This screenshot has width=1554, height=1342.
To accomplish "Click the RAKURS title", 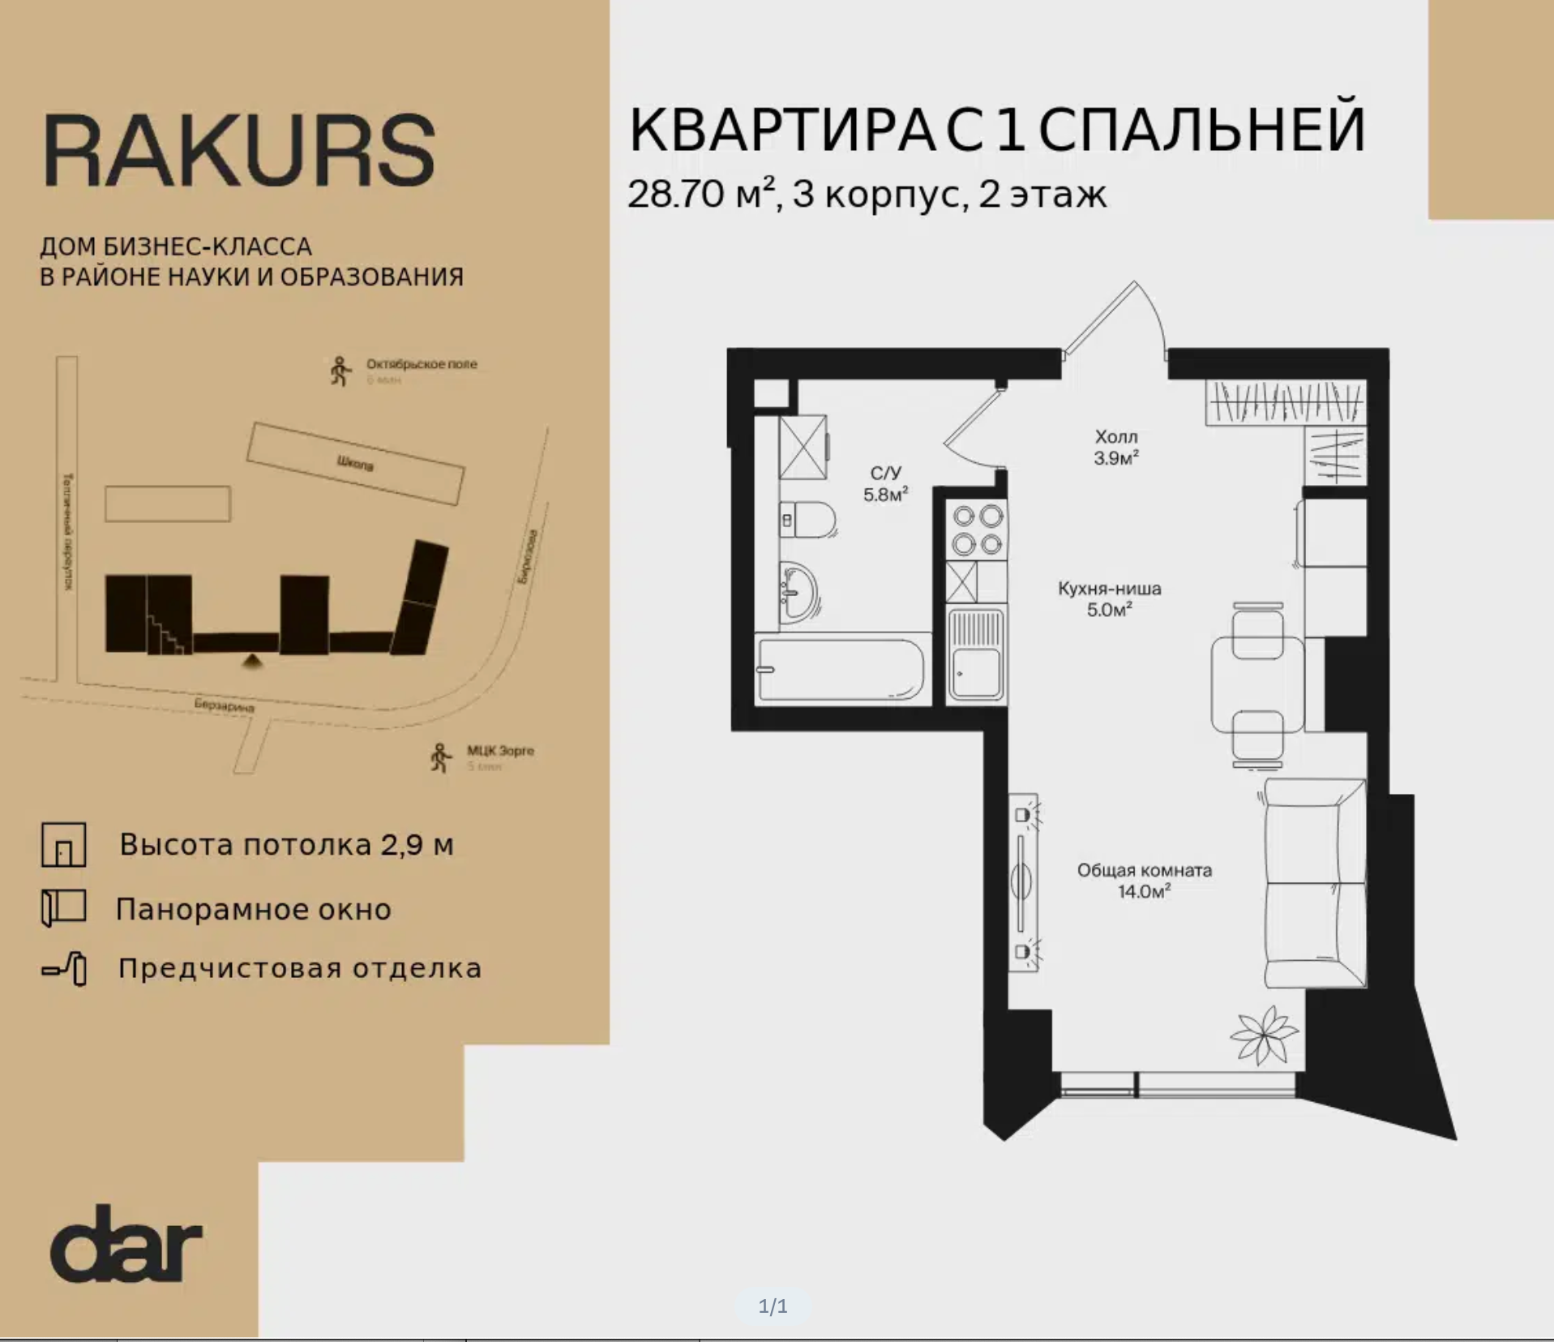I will [x=239, y=150].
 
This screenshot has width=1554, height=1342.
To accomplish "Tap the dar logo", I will [x=126, y=1243].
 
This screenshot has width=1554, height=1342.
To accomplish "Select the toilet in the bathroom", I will [x=807, y=520].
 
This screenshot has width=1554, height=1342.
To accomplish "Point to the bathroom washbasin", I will [x=798, y=593].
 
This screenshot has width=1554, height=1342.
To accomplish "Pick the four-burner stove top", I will [x=978, y=529].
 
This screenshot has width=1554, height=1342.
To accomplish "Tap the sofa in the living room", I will [x=1313, y=884].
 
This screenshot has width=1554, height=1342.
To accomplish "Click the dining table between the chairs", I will [x=1256, y=685].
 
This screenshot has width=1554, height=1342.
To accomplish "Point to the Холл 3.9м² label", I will [x=1116, y=448].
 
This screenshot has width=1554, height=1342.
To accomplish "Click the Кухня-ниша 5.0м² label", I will [x=1109, y=598].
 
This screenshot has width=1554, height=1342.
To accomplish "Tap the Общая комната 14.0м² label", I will [x=1144, y=881].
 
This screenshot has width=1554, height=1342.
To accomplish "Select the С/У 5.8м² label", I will [x=885, y=483].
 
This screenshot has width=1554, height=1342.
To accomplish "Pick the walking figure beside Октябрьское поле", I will [x=340, y=371].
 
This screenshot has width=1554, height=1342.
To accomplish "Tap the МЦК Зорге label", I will [x=500, y=751].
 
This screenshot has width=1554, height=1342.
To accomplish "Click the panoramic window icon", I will [x=64, y=907].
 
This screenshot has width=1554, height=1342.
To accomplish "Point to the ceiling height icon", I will [x=64, y=845].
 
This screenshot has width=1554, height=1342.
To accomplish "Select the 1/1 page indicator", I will [x=773, y=1306].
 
